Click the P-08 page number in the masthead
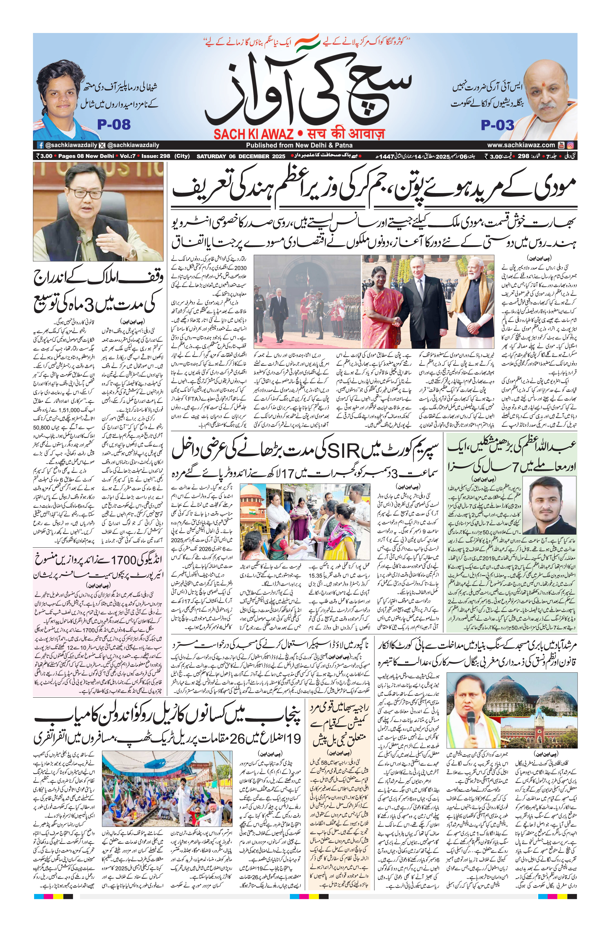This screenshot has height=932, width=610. [x=113, y=125]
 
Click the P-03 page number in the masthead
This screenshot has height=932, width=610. [x=497, y=125]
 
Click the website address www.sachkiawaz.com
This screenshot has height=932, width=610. [x=521, y=145]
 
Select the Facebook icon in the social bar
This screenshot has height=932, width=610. [x=40, y=145]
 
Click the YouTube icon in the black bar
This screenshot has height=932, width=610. [x=561, y=145]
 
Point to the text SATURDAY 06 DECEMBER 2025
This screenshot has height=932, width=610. [x=241, y=156]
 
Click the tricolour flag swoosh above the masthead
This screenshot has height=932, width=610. [x=307, y=42]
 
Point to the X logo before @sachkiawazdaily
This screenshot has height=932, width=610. [x=102, y=145]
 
